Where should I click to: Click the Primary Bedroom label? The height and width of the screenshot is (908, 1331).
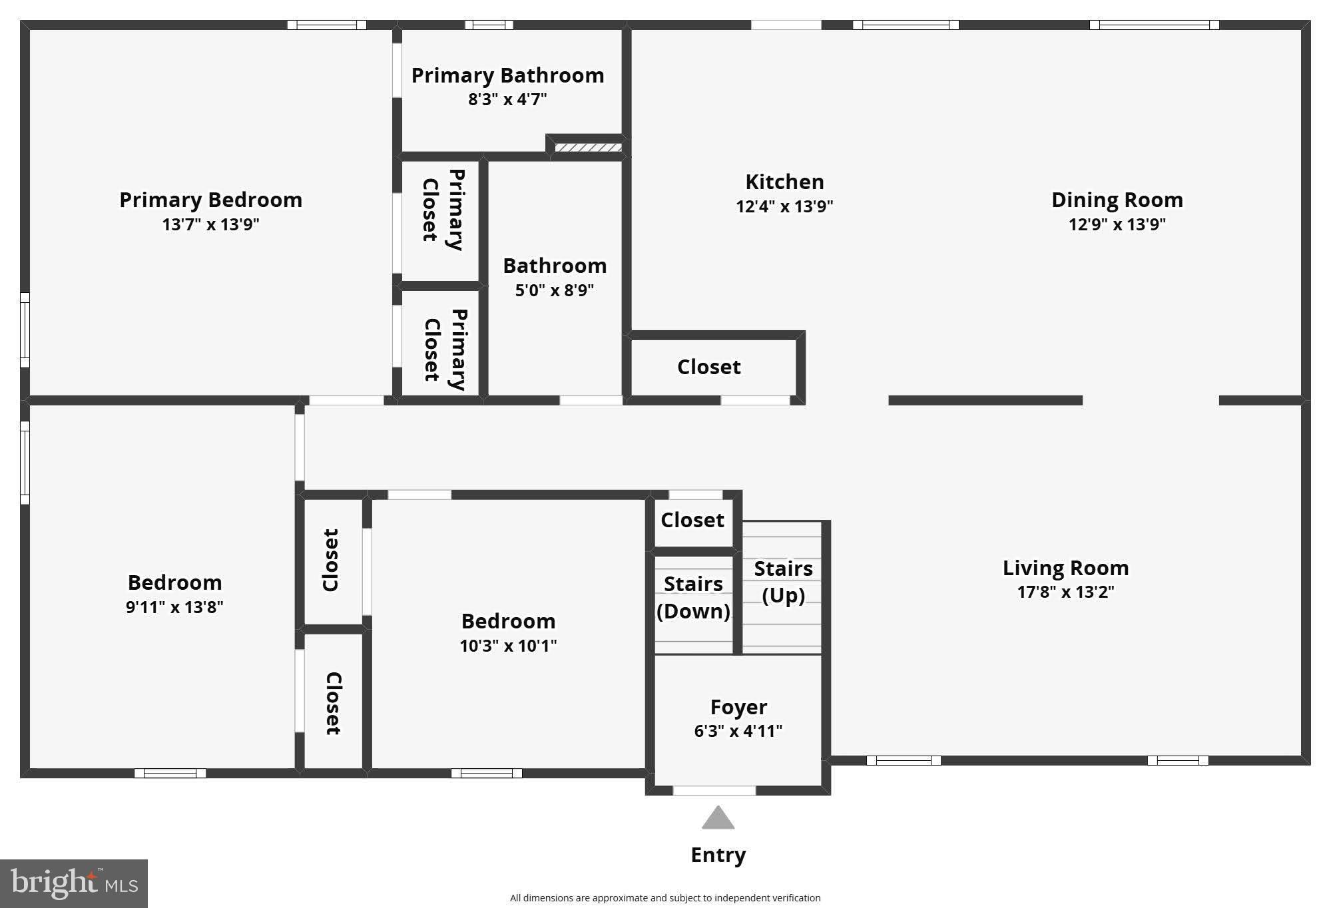(210, 200)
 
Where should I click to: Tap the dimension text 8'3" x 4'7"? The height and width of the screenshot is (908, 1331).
(507, 100)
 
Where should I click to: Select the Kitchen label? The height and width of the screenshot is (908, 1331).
(784, 182)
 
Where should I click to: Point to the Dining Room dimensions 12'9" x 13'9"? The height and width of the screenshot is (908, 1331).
(1117, 224)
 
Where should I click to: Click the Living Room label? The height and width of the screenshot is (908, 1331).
(1065, 568)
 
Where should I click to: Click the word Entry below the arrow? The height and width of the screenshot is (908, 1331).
(718, 855)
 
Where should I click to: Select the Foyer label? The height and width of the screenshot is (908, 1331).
(738, 707)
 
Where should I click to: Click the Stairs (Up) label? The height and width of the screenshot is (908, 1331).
(783, 582)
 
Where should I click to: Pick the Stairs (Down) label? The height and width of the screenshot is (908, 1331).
(693, 597)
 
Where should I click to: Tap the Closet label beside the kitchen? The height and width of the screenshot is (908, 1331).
(708, 367)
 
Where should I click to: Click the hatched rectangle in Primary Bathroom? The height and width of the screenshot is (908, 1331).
(588, 147)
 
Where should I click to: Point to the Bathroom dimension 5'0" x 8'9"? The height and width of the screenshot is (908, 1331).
(555, 290)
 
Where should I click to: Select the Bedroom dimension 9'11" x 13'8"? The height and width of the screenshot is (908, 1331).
(174, 607)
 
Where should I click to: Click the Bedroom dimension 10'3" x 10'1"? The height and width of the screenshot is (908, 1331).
(508, 646)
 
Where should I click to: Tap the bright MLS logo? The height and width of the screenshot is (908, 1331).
(74, 883)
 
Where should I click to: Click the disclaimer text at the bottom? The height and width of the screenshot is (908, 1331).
(665, 898)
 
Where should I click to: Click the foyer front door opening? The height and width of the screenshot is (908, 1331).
(714, 791)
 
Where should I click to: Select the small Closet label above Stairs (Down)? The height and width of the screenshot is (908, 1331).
(692, 520)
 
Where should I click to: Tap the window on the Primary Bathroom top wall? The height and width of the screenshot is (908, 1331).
(489, 25)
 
